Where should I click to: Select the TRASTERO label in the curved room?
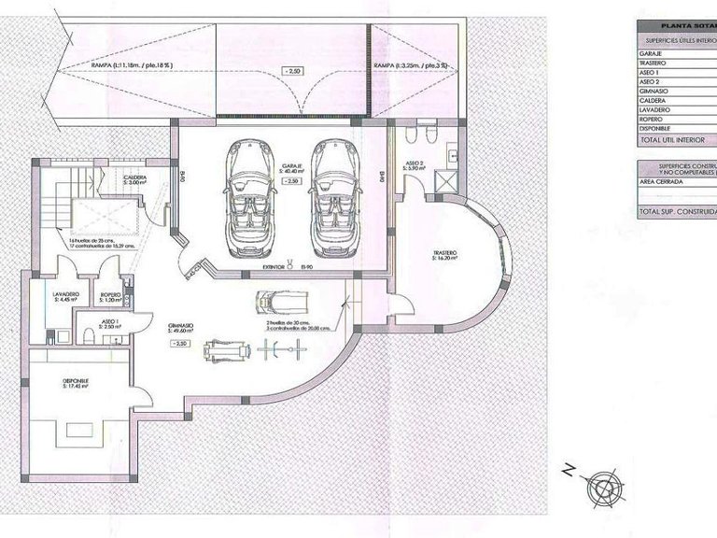tap(444, 254)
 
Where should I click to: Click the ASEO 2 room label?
tap(415, 163)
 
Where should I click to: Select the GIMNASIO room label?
tap(181, 326)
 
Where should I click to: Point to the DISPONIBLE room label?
tap(76, 381)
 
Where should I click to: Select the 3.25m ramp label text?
tap(410, 65)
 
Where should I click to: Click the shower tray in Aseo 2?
tap(449, 177)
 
